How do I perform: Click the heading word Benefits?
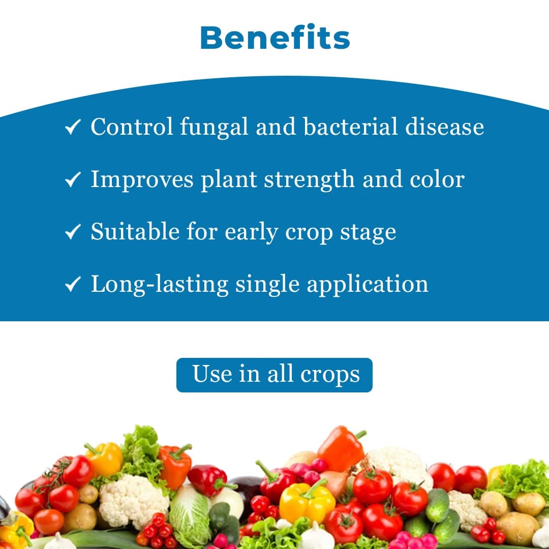pos(274,38)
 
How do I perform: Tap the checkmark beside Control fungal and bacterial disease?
pos(73,127)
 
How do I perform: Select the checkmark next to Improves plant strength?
pos(73,179)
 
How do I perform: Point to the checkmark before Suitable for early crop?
pos(73,232)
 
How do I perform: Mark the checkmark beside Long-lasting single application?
pos(73,284)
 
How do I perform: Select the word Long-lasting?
pos(159,284)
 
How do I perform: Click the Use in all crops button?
pos(274,375)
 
